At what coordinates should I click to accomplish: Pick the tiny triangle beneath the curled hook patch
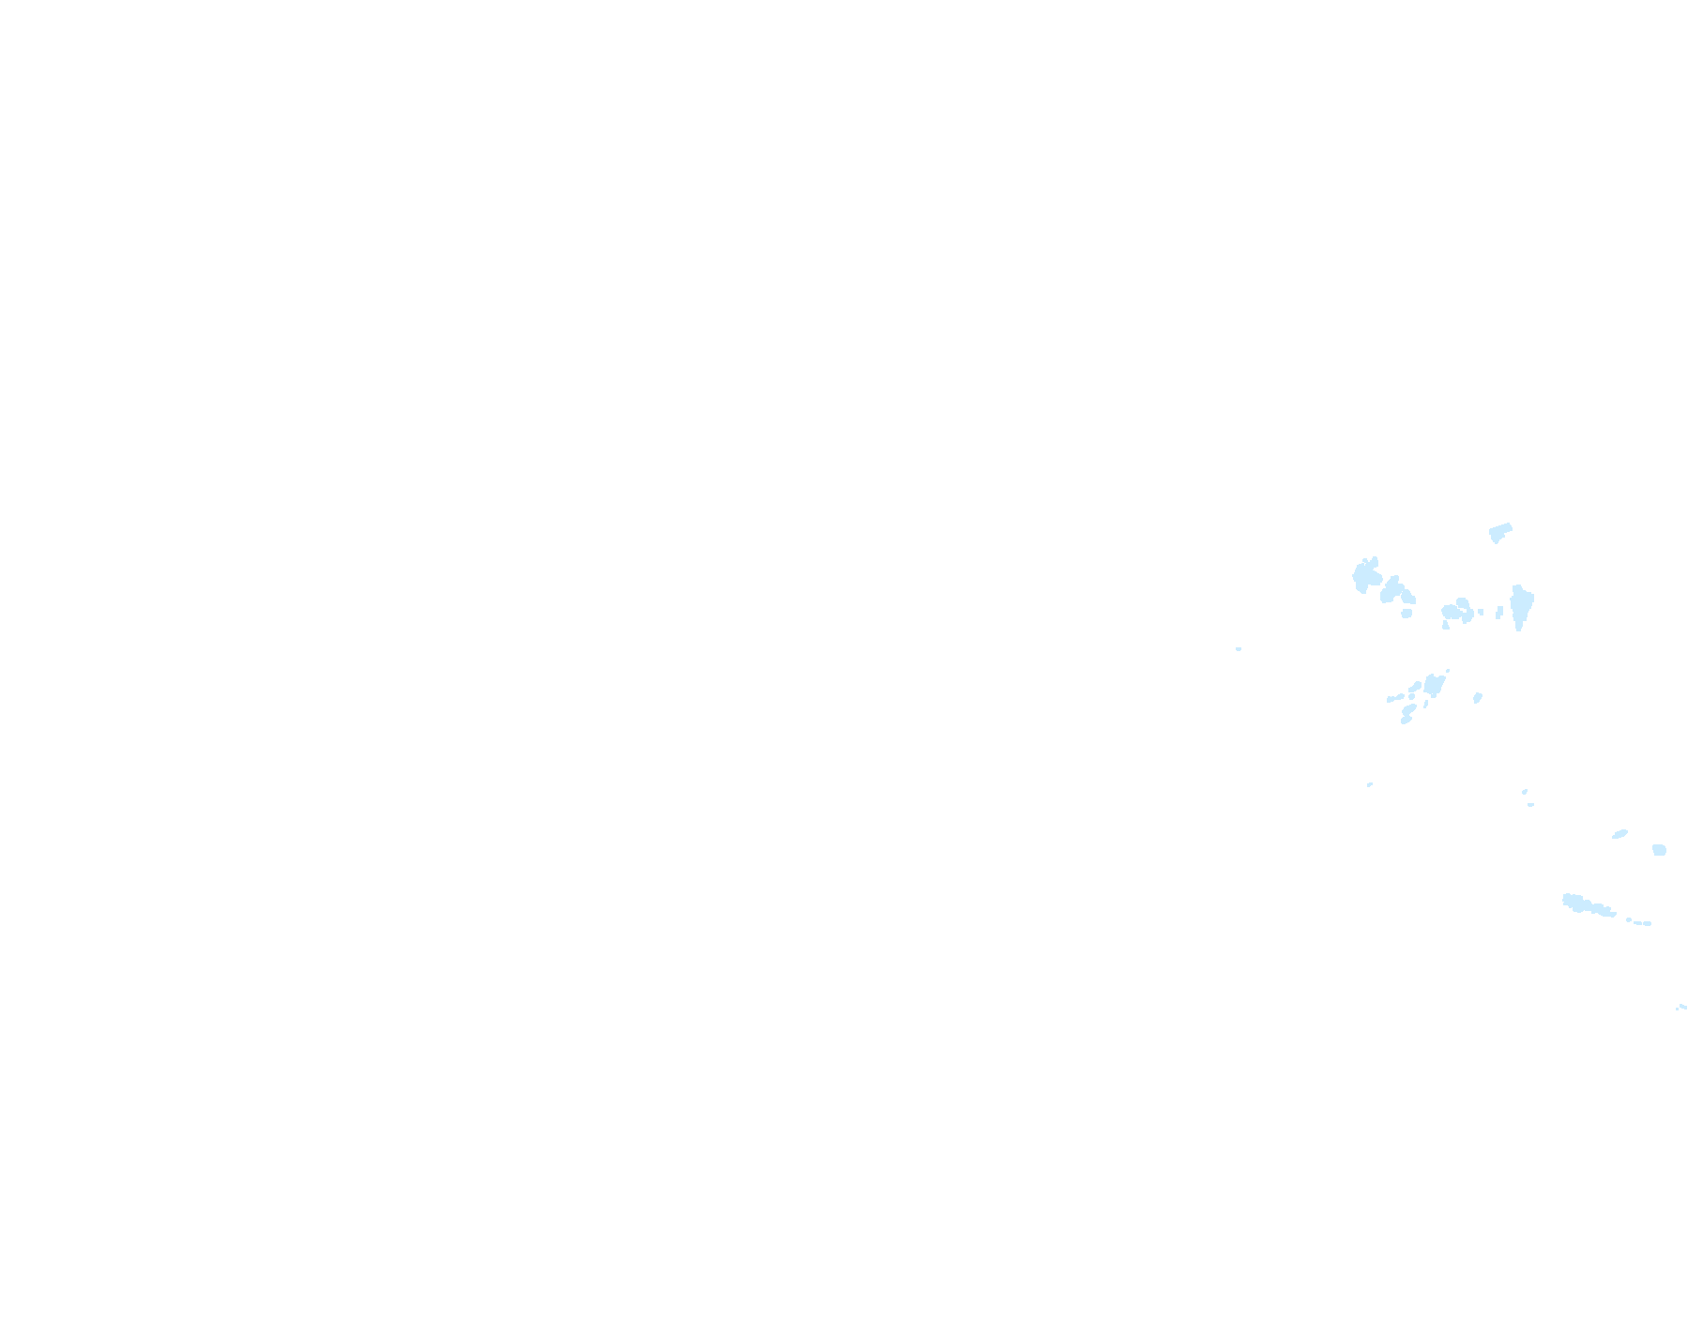pyautogui.click(x=1446, y=625)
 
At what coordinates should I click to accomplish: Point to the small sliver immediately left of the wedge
pyautogui.click(x=1499, y=612)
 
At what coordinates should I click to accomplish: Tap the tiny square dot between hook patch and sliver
pyautogui.click(x=1482, y=612)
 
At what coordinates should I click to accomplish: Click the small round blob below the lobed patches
pyautogui.click(x=1406, y=614)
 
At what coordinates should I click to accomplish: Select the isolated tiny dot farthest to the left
pyautogui.click(x=1239, y=648)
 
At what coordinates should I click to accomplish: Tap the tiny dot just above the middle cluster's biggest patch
pyautogui.click(x=1447, y=671)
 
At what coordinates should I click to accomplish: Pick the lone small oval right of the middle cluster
pyautogui.click(x=1478, y=697)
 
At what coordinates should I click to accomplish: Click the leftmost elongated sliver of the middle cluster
pyautogui.click(x=1394, y=698)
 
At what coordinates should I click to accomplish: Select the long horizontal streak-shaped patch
pyautogui.click(x=1586, y=905)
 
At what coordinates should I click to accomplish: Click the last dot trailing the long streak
pyautogui.click(x=1648, y=923)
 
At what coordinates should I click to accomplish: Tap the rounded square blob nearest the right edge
pyautogui.click(x=1659, y=850)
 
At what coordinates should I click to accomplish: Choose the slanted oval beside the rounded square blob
pyautogui.click(x=1620, y=833)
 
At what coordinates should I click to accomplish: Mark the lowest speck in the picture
pyautogui.click(x=1680, y=1008)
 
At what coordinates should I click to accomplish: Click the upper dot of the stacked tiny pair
pyautogui.click(x=1525, y=792)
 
